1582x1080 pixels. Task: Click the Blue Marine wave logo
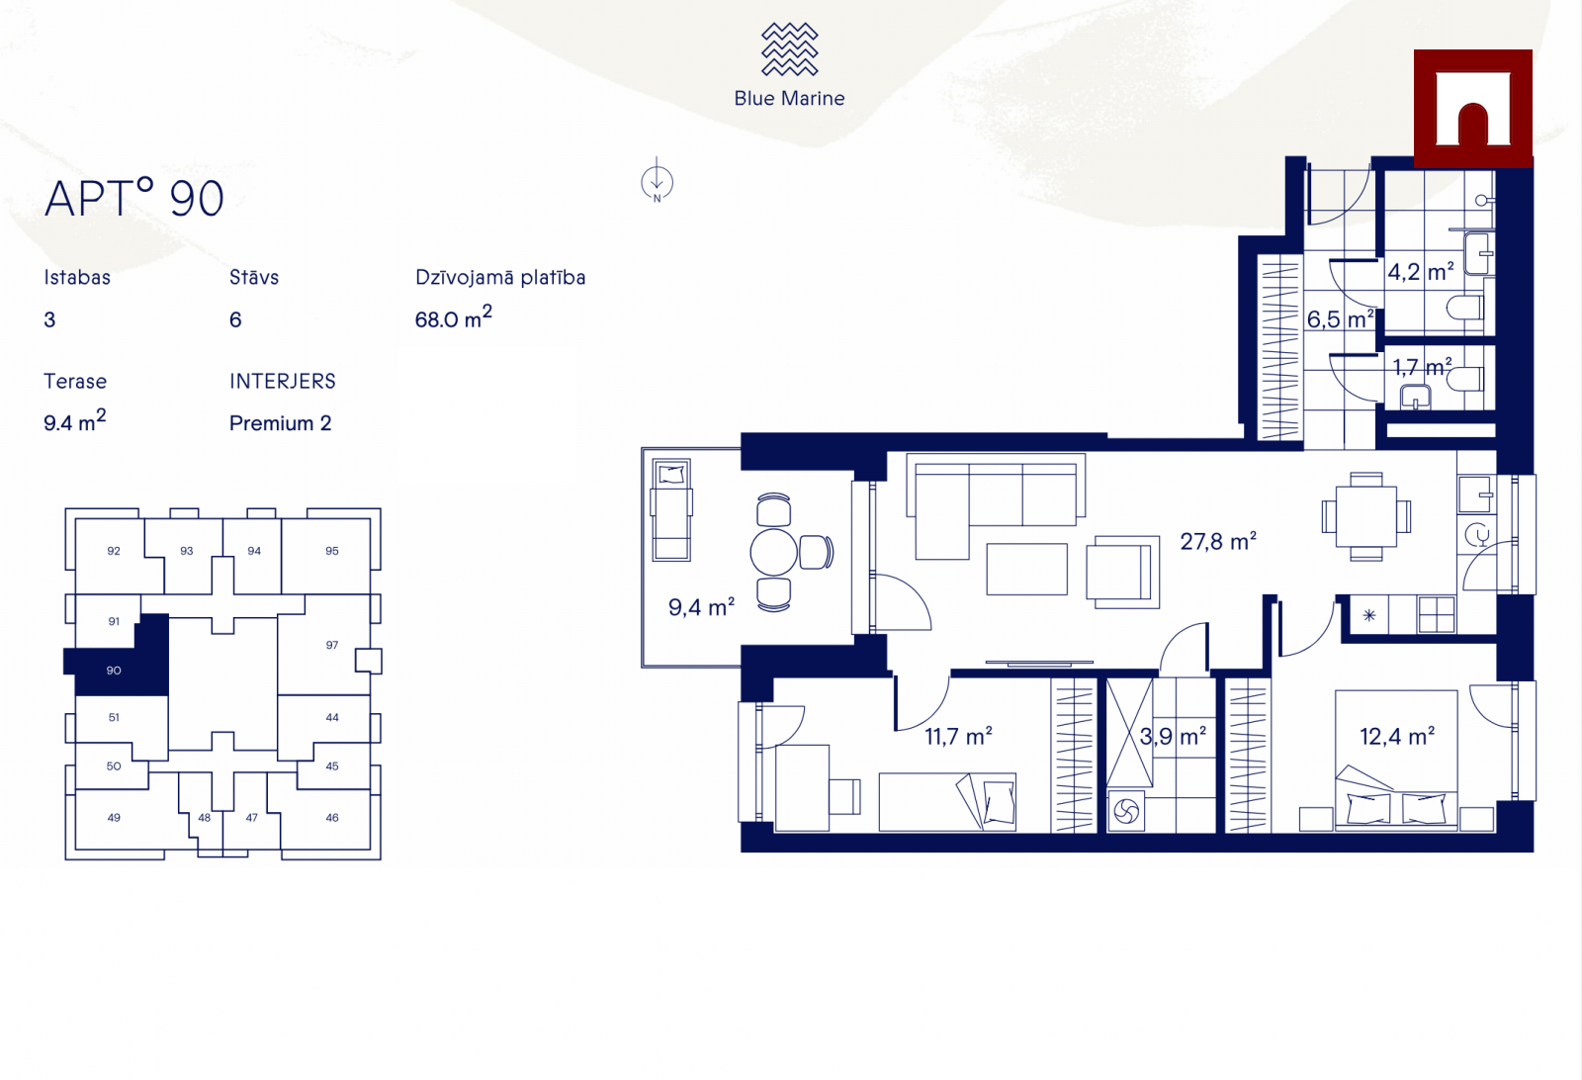point(789,48)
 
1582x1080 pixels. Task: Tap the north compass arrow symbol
point(657,182)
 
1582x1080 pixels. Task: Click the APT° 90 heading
point(134,198)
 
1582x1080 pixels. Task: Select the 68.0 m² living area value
point(453,317)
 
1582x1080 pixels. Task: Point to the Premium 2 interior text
point(281,423)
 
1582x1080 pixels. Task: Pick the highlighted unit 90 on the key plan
point(117,670)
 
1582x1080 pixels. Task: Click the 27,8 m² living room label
point(1218,542)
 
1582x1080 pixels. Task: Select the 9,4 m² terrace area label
point(701,606)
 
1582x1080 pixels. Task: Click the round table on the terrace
point(773,552)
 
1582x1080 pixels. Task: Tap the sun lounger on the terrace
point(671,510)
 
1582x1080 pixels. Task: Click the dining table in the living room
point(1365,516)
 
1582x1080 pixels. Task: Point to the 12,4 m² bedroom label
point(1397,737)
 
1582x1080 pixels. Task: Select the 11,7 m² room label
point(958,737)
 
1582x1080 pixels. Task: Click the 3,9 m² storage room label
point(1173,737)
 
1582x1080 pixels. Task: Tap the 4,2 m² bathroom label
point(1421,272)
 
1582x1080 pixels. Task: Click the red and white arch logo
point(1472,108)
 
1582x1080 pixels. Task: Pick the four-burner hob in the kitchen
point(1436,614)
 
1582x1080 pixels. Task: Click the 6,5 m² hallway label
point(1341,319)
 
